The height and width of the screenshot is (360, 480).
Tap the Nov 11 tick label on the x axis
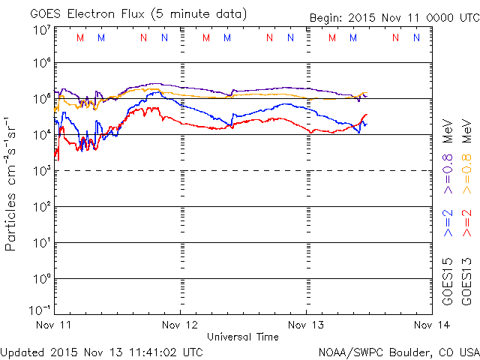53,325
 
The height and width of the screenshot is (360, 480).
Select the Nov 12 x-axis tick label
180,325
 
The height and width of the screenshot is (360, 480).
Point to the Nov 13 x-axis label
306,325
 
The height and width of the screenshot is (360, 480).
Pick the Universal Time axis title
242,337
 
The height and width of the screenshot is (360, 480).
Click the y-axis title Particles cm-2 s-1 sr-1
12,183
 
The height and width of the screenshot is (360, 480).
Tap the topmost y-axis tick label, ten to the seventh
40,29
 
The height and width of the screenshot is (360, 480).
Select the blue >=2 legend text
447,223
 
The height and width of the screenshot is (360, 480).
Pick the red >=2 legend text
466,223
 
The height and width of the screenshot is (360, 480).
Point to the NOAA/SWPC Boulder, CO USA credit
398,351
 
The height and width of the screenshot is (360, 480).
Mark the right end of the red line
367,115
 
